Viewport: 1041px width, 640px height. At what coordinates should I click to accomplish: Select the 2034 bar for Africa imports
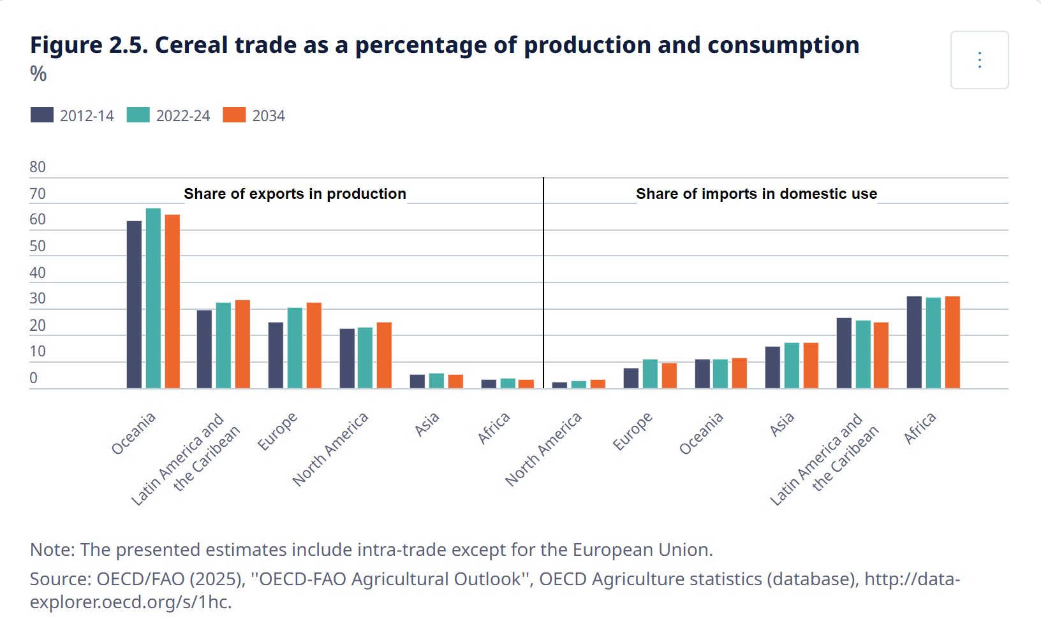pyautogui.click(x=952, y=342)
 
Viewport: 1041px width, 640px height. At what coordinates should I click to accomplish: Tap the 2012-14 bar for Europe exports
pyautogui.click(x=276, y=355)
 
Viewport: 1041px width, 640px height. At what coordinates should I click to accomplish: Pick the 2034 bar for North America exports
pyautogui.click(x=384, y=355)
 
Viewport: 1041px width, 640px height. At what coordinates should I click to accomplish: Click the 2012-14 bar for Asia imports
pyautogui.click(x=772, y=367)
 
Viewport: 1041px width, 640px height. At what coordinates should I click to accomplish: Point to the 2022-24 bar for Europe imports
pyautogui.click(x=650, y=374)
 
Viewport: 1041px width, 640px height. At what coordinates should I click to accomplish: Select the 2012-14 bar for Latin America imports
pyautogui.click(x=844, y=353)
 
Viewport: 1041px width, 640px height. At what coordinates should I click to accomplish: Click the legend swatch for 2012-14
pyautogui.click(x=42, y=115)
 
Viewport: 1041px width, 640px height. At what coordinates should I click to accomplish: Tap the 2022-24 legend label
pyautogui.click(x=183, y=116)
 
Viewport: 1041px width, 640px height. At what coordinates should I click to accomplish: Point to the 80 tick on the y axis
pyautogui.click(x=38, y=167)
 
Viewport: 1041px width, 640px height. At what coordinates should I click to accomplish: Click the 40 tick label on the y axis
pyautogui.click(x=38, y=273)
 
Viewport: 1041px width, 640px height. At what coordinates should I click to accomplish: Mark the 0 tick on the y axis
pyautogui.click(x=34, y=378)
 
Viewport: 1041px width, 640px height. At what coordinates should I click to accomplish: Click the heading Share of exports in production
pyautogui.click(x=295, y=194)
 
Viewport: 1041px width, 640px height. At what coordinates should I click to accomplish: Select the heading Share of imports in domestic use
pyautogui.click(x=757, y=194)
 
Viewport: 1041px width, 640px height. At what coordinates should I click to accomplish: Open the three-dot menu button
pyautogui.click(x=979, y=60)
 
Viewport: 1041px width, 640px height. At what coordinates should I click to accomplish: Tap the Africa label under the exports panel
pyautogui.click(x=494, y=428)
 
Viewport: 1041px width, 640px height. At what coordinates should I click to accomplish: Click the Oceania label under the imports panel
pyautogui.click(x=701, y=433)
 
